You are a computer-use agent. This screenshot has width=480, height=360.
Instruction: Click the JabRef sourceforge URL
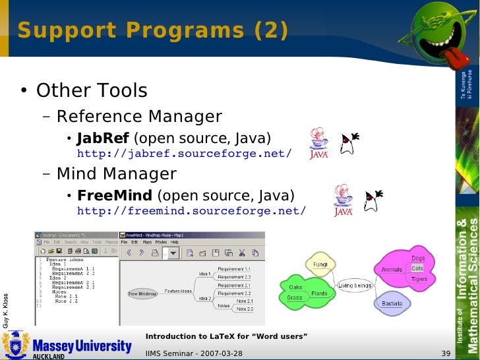[184, 154]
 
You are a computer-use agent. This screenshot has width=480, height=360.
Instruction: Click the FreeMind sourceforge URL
[191, 211]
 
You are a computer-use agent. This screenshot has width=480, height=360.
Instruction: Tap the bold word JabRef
[104, 138]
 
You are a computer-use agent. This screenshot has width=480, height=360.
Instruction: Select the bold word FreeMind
[114, 196]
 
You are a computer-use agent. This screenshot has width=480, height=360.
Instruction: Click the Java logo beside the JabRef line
[319, 144]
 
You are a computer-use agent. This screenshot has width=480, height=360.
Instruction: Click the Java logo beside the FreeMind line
[343, 200]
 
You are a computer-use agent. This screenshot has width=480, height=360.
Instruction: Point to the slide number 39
[445, 353]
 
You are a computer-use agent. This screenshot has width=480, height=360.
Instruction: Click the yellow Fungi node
[320, 264]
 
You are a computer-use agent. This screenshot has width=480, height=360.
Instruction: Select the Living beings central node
[355, 285]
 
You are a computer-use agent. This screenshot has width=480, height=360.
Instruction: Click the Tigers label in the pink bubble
[419, 279]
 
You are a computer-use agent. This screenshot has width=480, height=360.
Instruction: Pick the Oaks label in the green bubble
[295, 287]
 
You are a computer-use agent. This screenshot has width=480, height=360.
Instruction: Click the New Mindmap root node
[142, 293]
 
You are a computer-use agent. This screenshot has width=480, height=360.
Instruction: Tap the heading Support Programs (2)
[152, 30]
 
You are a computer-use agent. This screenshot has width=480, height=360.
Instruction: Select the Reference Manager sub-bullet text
[139, 117]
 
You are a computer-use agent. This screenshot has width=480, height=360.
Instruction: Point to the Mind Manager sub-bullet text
[116, 174]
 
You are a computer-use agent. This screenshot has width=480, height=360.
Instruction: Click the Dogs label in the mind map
[418, 258]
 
